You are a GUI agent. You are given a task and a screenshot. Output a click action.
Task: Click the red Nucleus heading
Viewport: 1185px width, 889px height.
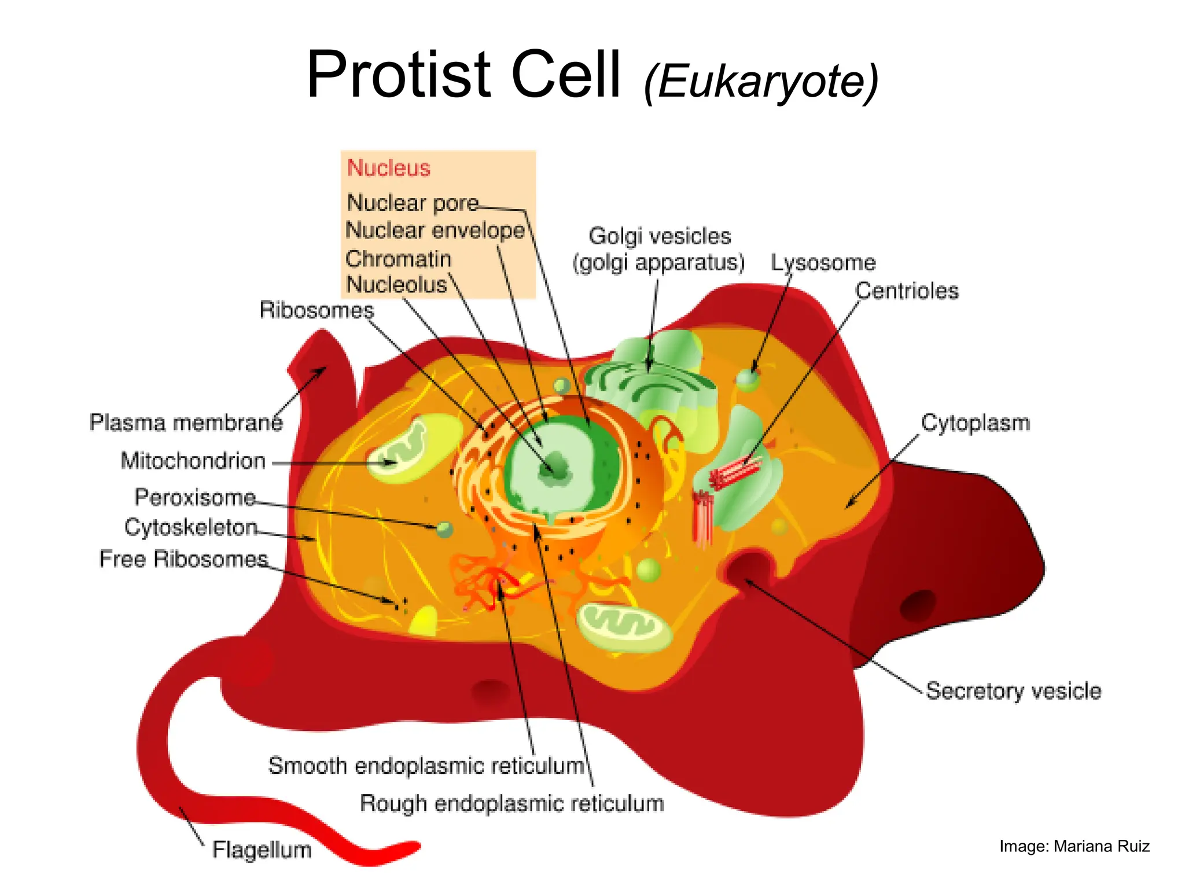tap(388, 168)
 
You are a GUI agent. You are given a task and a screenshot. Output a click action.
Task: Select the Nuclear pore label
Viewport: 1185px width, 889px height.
tap(413, 203)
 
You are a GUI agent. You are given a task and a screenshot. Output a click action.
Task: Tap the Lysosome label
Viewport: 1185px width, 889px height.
tap(823, 263)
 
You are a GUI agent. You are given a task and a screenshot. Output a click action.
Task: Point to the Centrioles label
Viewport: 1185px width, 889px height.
tap(907, 291)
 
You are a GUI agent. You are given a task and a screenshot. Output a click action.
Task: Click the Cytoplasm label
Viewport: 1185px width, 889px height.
tap(976, 423)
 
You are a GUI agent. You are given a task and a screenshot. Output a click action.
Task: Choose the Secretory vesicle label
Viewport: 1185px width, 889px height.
tap(1013, 691)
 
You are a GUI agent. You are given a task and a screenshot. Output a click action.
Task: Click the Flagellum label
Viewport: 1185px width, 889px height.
tap(262, 850)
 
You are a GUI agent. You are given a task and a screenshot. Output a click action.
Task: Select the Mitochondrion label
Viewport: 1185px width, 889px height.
tap(193, 461)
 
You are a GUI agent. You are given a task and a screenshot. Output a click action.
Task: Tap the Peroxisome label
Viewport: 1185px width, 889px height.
tap(195, 498)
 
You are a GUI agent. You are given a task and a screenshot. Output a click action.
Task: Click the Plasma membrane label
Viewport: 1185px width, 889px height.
tap(186, 423)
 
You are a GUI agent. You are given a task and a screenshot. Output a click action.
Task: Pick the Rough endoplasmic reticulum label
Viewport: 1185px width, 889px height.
tap(511, 804)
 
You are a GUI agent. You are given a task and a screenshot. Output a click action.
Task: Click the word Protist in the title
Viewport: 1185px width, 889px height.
tap(399, 75)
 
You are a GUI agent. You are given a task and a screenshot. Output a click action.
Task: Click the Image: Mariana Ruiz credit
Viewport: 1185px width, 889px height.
tap(1074, 847)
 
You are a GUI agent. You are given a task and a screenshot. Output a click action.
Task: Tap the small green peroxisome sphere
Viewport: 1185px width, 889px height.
tap(444, 529)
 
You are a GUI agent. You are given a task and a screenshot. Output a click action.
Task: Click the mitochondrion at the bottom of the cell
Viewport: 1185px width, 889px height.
tap(624, 627)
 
